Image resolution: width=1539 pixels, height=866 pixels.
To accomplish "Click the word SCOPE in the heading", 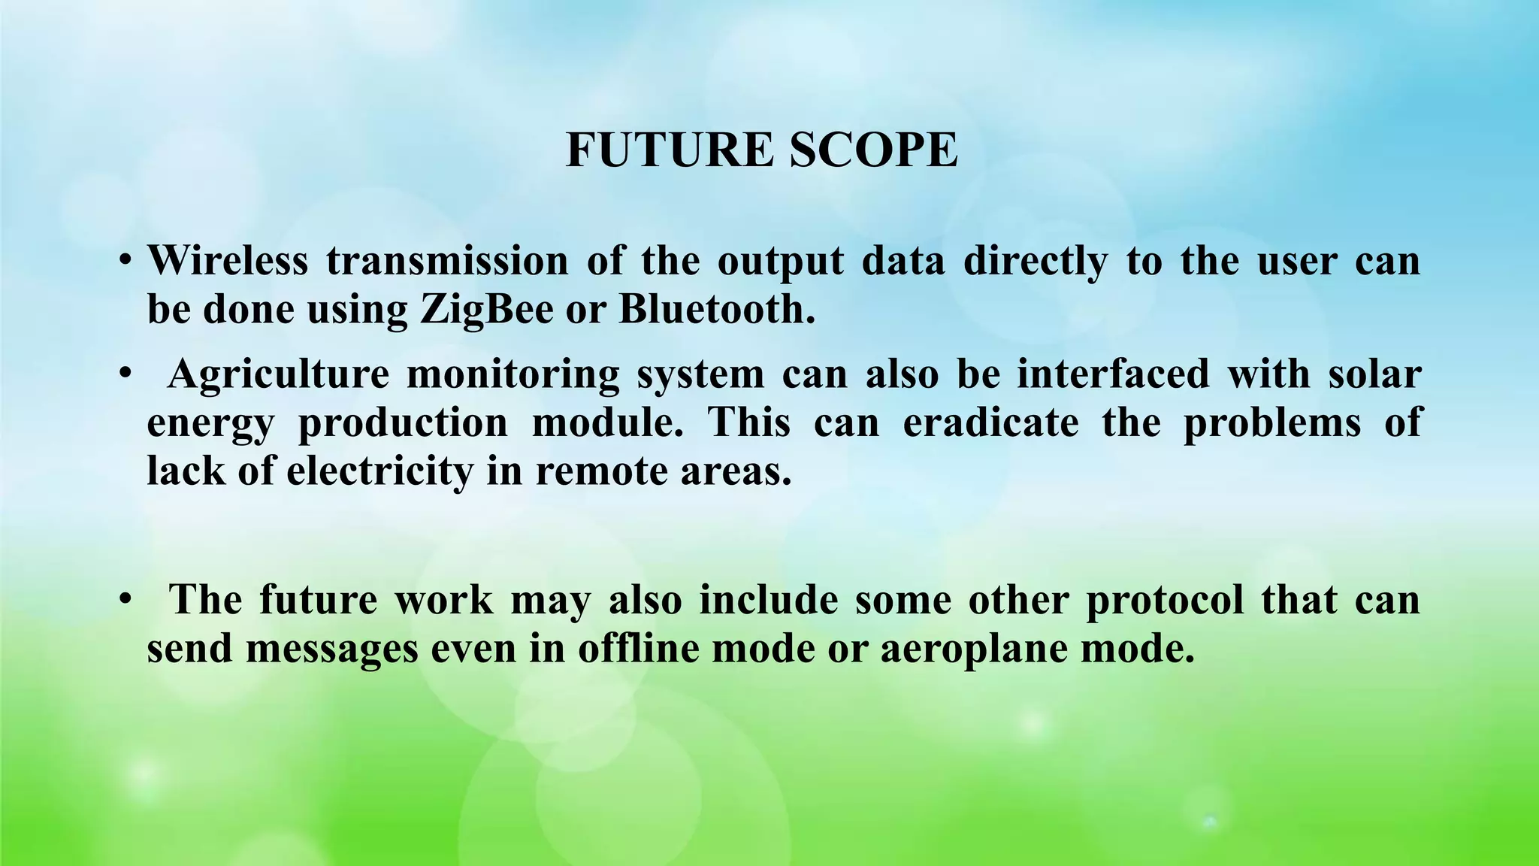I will [x=873, y=150].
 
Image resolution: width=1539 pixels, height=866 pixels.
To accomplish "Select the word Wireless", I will [x=228, y=261].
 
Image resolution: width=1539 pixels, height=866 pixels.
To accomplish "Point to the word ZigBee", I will [x=486, y=310].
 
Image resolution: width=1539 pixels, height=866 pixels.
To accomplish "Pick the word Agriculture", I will [x=279, y=374].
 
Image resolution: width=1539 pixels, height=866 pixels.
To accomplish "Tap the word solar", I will [x=1374, y=374].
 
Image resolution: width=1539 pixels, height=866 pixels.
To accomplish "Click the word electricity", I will [x=380, y=471].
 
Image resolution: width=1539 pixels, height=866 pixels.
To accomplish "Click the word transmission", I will [x=447, y=261].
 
